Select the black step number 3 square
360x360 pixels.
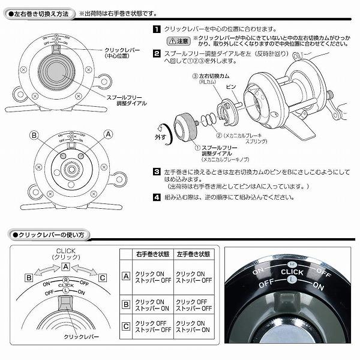pyautogui.click(x=156, y=172)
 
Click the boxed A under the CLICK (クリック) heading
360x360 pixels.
pyautogui.click(x=67, y=266)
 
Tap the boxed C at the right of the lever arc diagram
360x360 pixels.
pyautogui.click(x=103, y=277)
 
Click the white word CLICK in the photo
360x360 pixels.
pyautogui.click(x=292, y=272)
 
